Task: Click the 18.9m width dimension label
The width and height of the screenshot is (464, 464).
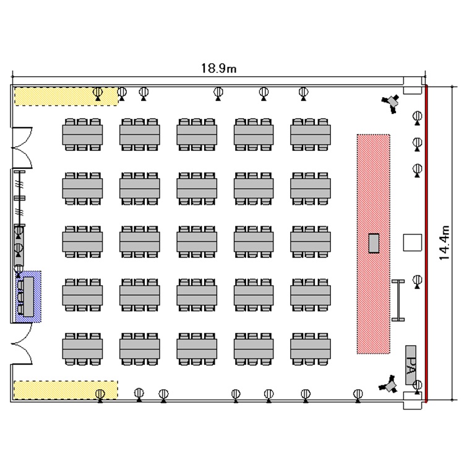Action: [218, 69]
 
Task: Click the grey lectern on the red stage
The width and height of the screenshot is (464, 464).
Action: [373, 243]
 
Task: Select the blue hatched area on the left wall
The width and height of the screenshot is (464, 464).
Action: [28, 296]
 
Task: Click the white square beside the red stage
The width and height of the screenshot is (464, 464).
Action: [411, 243]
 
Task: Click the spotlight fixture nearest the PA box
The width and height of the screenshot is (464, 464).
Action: [390, 385]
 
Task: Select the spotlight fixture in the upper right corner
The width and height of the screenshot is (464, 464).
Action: [391, 102]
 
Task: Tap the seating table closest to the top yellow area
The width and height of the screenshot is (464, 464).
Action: [82, 134]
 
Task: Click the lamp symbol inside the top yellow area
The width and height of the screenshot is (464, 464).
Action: [98, 93]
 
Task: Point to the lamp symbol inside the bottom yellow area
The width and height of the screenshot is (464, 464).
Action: [100, 393]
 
